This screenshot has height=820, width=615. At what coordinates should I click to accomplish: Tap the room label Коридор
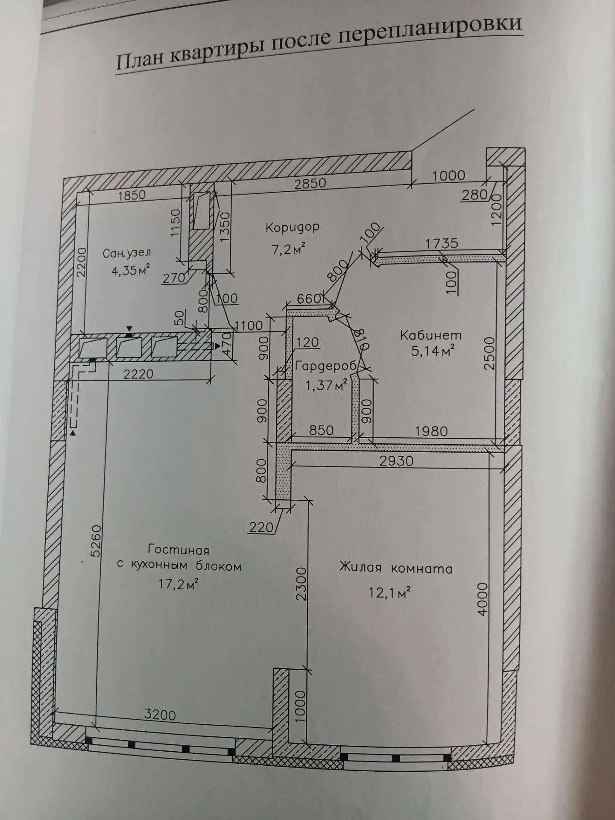click(292, 227)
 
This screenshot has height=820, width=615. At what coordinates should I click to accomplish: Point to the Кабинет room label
click(430, 335)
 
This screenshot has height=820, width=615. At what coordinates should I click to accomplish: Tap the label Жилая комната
click(395, 568)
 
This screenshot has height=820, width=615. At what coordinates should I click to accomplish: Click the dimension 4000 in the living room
click(482, 598)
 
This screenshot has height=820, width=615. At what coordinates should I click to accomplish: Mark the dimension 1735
click(442, 243)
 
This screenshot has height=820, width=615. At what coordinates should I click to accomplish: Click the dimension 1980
click(431, 431)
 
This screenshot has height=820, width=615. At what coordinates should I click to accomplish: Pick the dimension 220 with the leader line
click(261, 528)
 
